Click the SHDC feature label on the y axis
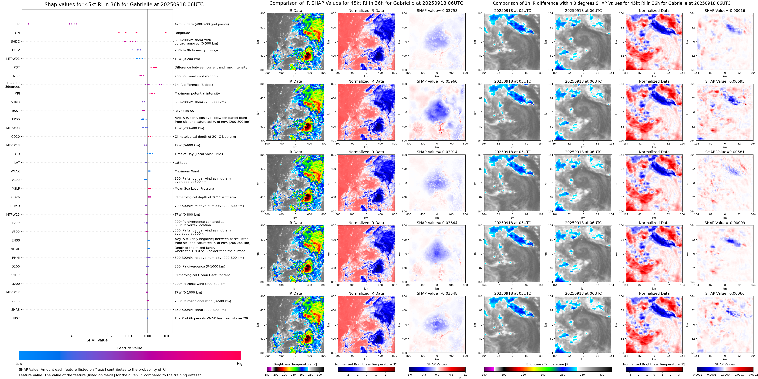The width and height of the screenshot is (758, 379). pos(15,42)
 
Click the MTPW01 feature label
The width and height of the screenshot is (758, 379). pos(13,59)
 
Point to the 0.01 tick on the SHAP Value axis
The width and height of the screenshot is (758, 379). pos(167,336)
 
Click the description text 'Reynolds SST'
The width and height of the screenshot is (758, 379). pos(185,111)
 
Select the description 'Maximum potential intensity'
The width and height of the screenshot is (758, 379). pos(197,94)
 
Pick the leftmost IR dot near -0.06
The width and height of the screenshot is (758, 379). pos(29,24)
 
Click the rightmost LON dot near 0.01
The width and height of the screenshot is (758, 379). pos(166,33)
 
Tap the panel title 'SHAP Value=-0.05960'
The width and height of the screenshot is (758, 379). pos(437,81)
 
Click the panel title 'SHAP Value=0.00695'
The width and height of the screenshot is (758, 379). pos(725,81)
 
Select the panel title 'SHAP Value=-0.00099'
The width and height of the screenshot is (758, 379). pos(725,223)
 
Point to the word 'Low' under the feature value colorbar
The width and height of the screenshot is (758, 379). pos(19,364)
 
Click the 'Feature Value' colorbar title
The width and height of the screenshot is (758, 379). pos(130,348)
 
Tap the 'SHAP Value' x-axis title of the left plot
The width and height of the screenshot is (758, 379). pos(97,340)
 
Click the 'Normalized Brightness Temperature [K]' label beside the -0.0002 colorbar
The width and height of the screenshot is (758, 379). pos(654,364)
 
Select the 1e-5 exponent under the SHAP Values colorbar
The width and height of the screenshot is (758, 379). pos(462,378)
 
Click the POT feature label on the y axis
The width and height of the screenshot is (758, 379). pos(17,68)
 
